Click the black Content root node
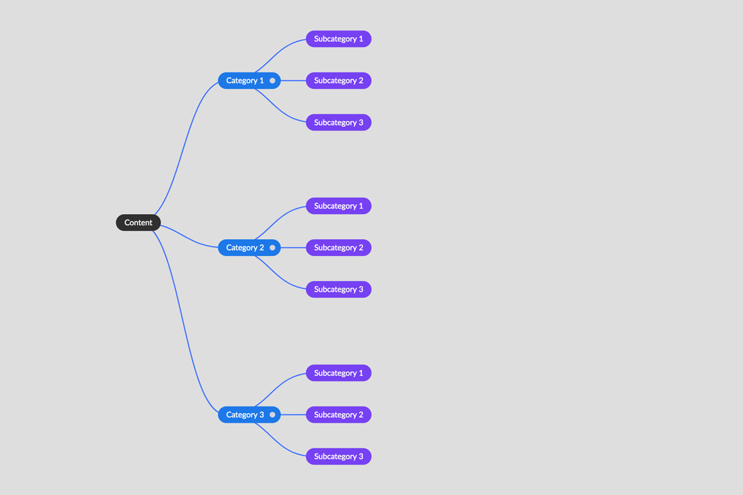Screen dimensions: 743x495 (x=138, y=223)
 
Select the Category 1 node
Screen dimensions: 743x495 (x=249, y=80)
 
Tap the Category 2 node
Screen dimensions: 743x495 (x=249, y=248)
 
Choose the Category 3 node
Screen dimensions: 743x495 (x=249, y=415)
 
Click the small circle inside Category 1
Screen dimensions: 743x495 (x=272, y=80)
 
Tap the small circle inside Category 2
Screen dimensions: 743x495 (x=272, y=248)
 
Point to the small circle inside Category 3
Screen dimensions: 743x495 (x=272, y=415)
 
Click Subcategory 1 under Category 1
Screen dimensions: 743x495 (x=338, y=39)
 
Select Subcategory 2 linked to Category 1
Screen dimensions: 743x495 (x=338, y=80)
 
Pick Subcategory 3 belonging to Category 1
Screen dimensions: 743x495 (x=338, y=123)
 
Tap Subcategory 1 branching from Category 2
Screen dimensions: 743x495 (x=338, y=206)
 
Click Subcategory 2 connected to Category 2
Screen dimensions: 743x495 (x=338, y=248)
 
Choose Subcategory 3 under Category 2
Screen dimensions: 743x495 (x=338, y=290)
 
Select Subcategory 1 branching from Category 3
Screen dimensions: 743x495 (x=338, y=373)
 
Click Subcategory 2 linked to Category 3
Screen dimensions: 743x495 (x=338, y=415)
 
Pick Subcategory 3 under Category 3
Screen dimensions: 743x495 (x=338, y=457)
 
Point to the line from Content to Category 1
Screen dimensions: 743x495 (x=185, y=147)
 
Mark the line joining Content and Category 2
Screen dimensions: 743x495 (x=190, y=238)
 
